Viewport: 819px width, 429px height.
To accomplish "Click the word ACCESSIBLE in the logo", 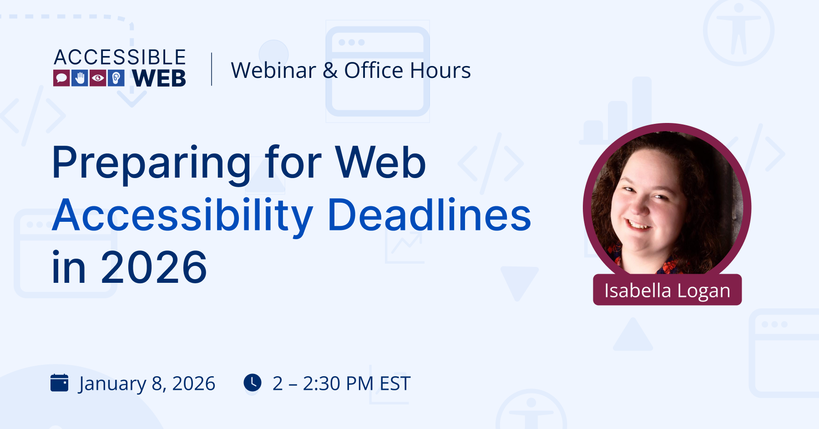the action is coord(120,57).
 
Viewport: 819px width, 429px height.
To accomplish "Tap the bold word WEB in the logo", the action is coord(159,78).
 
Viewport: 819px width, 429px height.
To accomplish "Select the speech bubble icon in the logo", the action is coord(61,78).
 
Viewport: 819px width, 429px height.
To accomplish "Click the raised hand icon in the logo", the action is coord(80,78).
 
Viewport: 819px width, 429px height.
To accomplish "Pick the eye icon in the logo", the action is coord(98,78).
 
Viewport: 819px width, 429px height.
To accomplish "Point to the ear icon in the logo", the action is coord(116,78).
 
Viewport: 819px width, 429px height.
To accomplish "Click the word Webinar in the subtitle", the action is coord(273,71).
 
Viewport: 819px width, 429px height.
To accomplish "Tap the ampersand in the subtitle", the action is coord(330,71).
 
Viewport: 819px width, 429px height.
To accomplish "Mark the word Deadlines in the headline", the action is coord(429,215).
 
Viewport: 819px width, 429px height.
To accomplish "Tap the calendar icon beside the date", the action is coord(60,383).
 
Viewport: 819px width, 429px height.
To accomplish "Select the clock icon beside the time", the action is coord(253,383).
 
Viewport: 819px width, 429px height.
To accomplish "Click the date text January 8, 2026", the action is coord(147,384).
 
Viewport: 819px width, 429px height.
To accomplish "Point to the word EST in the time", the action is coord(395,383).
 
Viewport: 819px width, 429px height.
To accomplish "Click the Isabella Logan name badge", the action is coord(667,290).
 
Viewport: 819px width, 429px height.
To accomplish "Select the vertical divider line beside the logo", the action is coord(212,69).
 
